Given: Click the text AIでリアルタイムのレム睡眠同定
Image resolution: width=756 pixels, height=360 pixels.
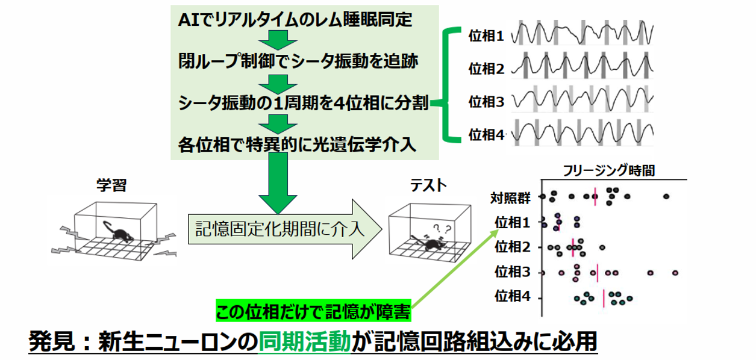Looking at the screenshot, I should [x=295, y=20].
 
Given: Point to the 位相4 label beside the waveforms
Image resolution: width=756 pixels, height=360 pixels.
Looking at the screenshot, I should [x=486, y=134].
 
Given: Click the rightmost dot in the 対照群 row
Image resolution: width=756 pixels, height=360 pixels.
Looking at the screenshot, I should [x=666, y=196].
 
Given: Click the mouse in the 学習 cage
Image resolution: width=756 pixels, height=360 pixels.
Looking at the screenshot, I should [x=119, y=234].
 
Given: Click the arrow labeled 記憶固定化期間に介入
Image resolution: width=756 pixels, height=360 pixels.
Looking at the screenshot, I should [x=283, y=229].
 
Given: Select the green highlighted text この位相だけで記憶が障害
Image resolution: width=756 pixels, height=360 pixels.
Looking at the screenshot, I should [x=313, y=312].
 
